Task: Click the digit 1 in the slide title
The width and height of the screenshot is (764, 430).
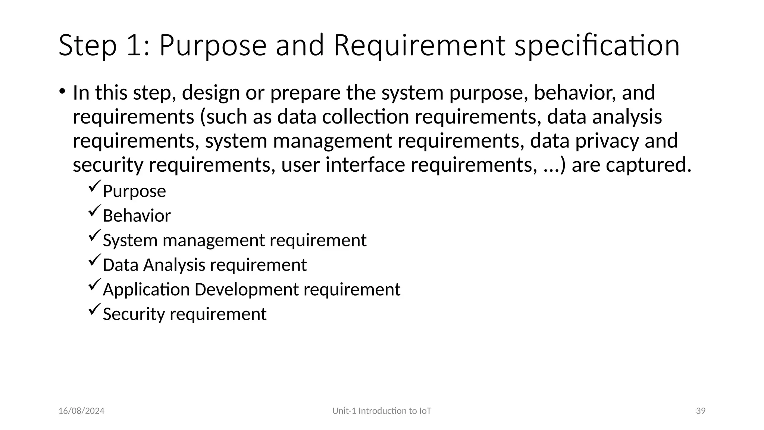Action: (x=133, y=46)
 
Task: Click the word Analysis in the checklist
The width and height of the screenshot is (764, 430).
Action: (x=174, y=265)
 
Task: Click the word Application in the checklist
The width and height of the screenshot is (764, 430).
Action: (x=146, y=290)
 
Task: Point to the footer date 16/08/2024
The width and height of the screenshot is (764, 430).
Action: (x=81, y=411)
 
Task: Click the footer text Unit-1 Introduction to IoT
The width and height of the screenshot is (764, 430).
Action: (x=382, y=411)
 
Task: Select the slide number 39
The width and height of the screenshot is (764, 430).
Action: (x=701, y=411)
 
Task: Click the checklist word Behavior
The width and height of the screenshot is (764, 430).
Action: (x=137, y=216)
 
